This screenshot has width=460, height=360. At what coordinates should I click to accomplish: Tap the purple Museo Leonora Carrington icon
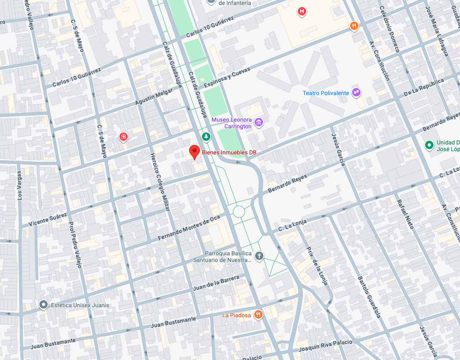click(259, 122)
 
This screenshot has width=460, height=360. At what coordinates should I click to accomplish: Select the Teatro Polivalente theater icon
click(356, 92)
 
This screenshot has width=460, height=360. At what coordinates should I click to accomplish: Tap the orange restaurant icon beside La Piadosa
click(259, 315)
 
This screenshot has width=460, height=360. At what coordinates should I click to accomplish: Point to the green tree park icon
click(206, 136)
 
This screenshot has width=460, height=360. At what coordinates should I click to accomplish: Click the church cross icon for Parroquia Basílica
click(259, 256)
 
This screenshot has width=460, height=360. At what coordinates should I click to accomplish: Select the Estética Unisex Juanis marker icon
click(43, 305)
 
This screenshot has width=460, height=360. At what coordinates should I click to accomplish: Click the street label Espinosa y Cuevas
click(227, 77)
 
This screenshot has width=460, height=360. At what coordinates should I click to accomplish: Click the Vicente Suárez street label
click(48, 220)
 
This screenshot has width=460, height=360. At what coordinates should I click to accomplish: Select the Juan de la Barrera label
click(216, 283)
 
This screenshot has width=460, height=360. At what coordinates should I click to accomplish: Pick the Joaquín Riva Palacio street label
click(325, 345)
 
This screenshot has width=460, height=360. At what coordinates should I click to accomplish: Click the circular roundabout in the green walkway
click(239, 211)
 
